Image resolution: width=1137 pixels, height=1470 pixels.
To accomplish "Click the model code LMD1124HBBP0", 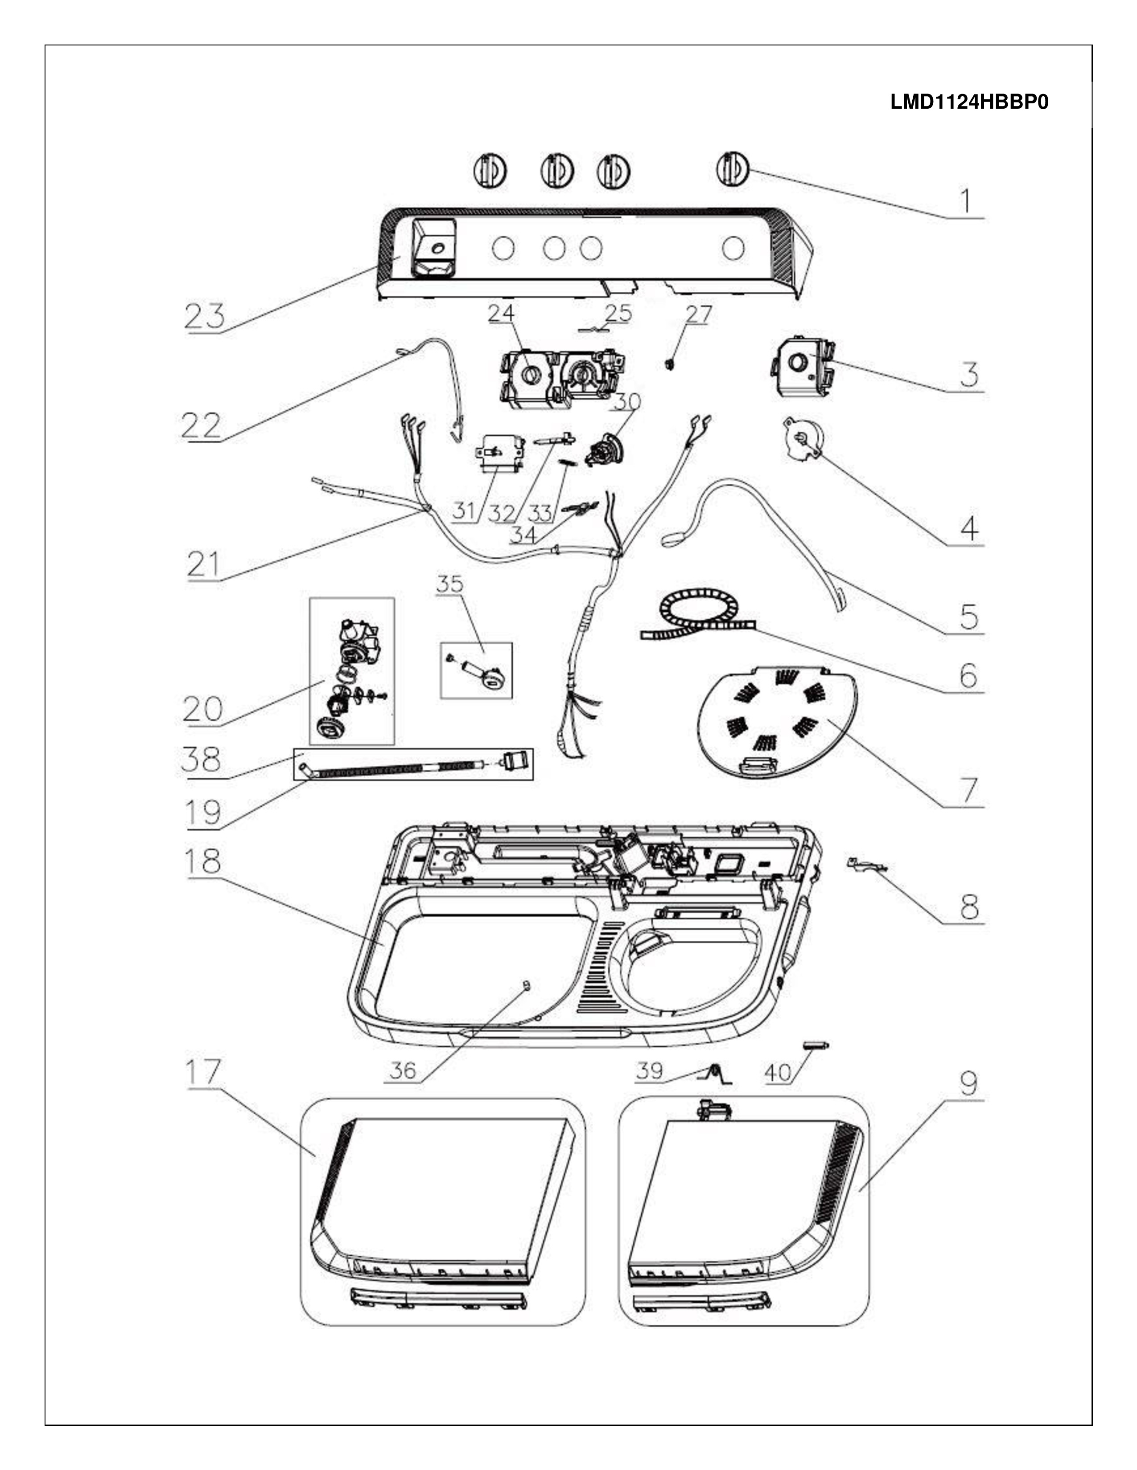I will pyautogui.click(x=968, y=102).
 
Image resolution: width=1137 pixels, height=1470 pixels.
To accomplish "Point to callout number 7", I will pyautogui.click(x=968, y=790).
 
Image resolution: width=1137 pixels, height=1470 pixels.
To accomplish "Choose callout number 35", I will pyautogui.click(x=449, y=584).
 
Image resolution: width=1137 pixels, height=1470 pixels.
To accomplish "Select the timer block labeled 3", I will pyautogui.click(x=802, y=369).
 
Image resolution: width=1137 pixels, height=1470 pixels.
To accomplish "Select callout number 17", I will pyautogui.click(x=203, y=1071).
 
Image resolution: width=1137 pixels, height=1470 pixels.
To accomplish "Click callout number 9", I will pyautogui.click(x=967, y=1082).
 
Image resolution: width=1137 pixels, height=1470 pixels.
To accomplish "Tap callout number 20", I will pyautogui.click(x=202, y=708).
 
